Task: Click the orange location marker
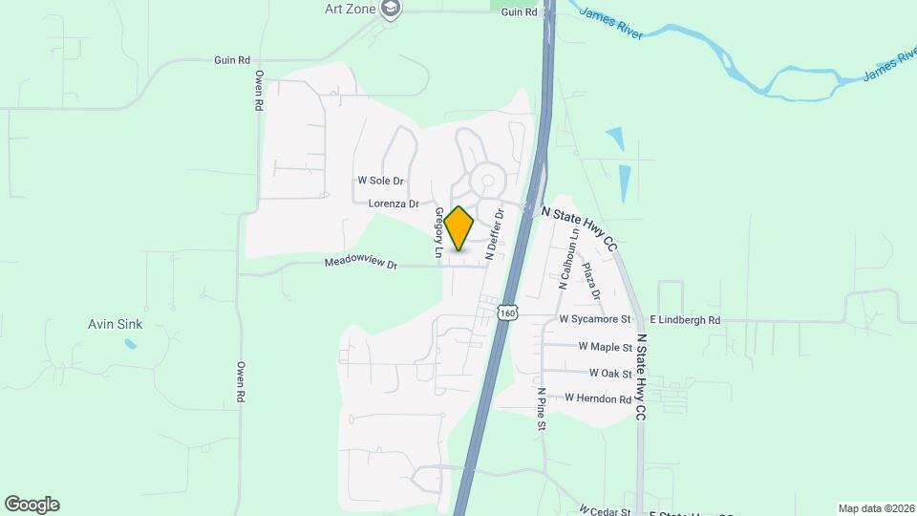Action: coord(459,228)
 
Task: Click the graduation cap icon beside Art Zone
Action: coord(390,9)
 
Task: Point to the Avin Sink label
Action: coord(115,324)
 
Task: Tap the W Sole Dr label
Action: coord(381,180)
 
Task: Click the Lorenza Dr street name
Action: coord(394,204)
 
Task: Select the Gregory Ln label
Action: coord(438,233)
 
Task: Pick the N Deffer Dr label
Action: coord(494,236)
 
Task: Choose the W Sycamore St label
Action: coord(595,319)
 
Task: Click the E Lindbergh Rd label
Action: coord(685,319)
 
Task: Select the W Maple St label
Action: coord(606,347)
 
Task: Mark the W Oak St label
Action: coord(610,373)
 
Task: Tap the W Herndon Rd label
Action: coord(598,398)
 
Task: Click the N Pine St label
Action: coord(541,409)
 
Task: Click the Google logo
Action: coord(32,505)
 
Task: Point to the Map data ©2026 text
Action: coord(875,508)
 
